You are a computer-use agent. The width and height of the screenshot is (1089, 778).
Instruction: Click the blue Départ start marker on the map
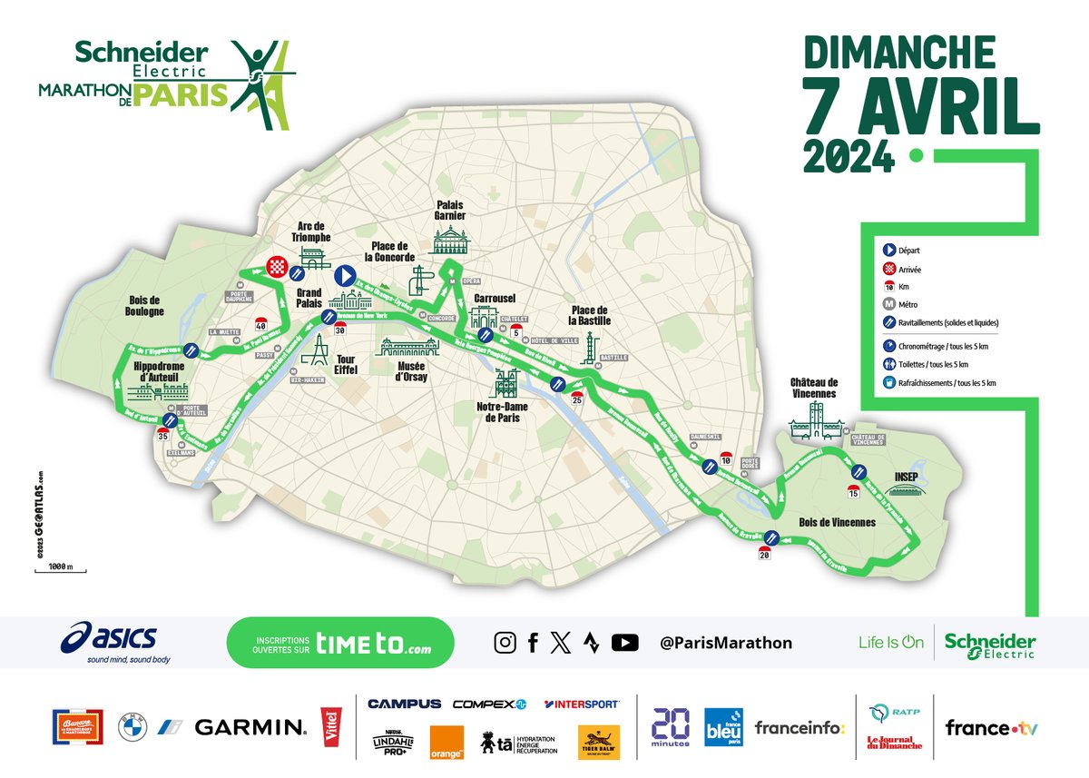pos(345,275)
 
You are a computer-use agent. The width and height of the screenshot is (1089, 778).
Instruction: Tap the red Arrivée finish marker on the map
pos(277,266)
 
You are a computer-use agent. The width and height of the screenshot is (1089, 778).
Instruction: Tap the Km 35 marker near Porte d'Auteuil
pos(163,435)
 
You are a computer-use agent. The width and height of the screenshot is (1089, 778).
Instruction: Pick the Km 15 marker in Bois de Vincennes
pos(853,492)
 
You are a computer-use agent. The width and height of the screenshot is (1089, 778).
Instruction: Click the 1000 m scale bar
pos(60,569)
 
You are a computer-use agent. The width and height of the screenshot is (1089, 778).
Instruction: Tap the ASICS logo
pos(109,642)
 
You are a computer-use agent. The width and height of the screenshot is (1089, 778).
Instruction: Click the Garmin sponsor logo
pos(250,727)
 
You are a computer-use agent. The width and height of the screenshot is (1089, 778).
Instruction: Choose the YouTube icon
pos(624,643)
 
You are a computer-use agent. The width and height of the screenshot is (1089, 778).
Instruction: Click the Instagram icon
pos(505,643)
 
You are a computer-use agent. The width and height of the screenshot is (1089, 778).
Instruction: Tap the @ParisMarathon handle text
pos(726,643)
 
